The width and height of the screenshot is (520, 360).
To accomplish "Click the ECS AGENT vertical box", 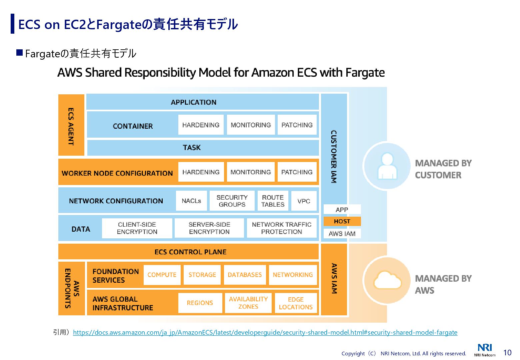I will tap(71, 125).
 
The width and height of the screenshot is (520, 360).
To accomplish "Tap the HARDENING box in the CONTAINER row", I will tap(201, 125).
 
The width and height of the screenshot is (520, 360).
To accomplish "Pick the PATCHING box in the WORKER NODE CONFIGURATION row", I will tap(297, 172).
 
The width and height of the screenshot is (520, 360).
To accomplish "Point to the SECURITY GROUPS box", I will tap(232, 201).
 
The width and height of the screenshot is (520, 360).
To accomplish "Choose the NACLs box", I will tap(191, 201).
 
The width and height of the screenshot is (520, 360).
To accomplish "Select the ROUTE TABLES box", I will tap(273, 201).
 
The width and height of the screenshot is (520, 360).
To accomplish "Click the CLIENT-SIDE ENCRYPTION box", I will tap(137, 228).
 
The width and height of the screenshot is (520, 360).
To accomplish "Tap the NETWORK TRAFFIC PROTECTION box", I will tap(282, 228).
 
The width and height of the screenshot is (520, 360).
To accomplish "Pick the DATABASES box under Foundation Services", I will tap(245, 275).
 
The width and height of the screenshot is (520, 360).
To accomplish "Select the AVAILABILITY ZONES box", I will tap(248, 303).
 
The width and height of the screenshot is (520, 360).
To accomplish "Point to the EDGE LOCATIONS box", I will tap(296, 303).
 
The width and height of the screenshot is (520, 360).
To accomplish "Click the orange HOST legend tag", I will tap(342, 221).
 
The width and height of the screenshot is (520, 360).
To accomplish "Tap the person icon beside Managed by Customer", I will tap(387, 166).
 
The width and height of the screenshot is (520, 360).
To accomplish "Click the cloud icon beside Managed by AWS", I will tap(387, 281).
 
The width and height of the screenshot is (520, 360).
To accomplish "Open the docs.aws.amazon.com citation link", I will tap(265, 332).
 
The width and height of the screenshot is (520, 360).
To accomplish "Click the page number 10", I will tap(507, 353).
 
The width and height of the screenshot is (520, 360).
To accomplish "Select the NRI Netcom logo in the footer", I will tap(485, 350).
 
